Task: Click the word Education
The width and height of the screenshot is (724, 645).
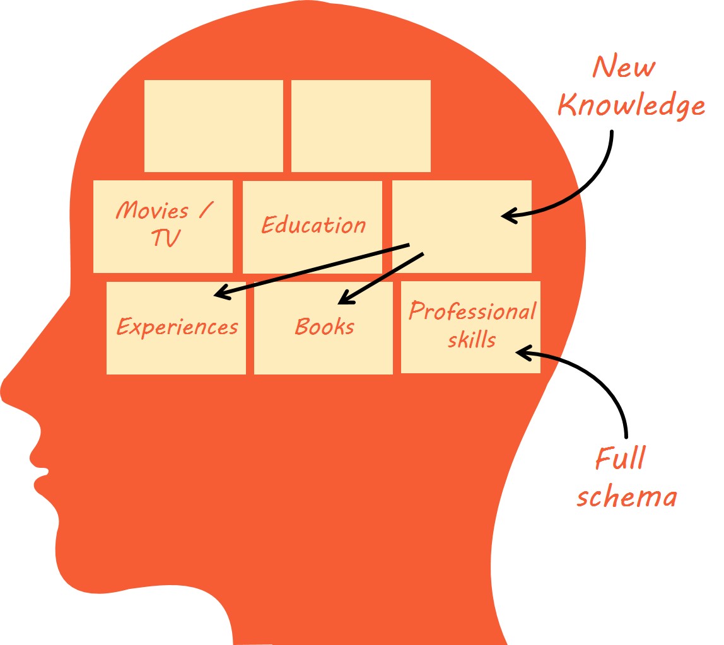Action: [313, 225]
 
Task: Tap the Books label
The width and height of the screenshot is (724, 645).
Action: [325, 327]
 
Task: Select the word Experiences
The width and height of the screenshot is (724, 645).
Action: [177, 327]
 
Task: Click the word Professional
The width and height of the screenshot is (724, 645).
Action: [472, 311]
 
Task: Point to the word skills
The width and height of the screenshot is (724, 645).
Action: [472, 340]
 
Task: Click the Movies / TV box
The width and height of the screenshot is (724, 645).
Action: [163, 226]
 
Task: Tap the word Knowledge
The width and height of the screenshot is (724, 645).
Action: [631, 105]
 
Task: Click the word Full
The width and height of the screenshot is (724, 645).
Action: [621, 458]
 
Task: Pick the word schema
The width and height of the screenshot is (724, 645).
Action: [626, 497]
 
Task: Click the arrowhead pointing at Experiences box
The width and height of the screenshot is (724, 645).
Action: [221, 293]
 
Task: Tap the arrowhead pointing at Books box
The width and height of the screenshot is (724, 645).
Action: [344, 297]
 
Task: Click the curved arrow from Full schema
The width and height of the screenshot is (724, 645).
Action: [599, 378]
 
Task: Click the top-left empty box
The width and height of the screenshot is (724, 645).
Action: [213, 125]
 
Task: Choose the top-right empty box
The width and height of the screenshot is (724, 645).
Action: [361, 125]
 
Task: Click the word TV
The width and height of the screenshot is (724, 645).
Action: [166, 238]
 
